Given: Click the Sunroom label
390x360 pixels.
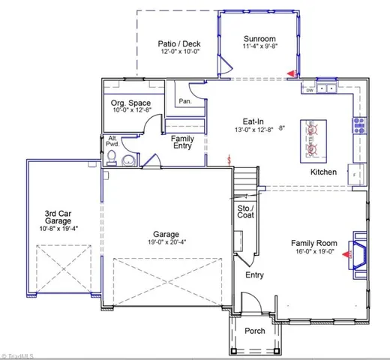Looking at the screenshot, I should tap(260, 38).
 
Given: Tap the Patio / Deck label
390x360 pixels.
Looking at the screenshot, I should tap(181, 43).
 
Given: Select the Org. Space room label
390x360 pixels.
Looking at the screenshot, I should tap(130, 103).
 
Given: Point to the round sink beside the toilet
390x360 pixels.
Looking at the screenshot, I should tap(128, 160).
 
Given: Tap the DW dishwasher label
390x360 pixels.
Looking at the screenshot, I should tap(309, 90).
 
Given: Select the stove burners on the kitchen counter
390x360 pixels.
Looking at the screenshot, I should tap(358, 125).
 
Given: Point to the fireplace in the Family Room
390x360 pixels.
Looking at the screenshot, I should tap(358, 254).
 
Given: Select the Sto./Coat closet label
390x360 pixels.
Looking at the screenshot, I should tap(246, 211).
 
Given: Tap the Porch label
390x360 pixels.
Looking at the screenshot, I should tap(254, 331).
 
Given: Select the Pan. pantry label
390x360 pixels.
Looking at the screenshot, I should tap(184, 101).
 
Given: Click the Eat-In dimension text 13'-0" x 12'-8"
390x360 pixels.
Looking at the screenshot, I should tap(252, 130).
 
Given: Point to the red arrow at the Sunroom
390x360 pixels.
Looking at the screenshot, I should tap(292, 73).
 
